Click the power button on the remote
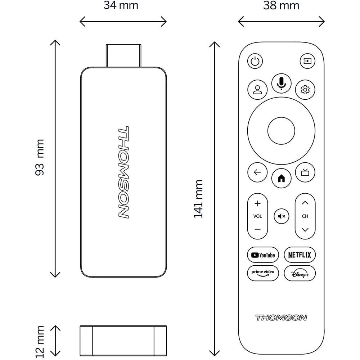pos(255,61)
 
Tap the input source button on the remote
pos(307,61)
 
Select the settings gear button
pos(305,90)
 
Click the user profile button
pos(257,90)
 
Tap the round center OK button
pos(281,131)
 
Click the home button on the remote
pos(281,179)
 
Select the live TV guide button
pos(305,172)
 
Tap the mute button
pos(281,216)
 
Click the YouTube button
pos(263,255)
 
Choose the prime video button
pos(263,273)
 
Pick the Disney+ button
pos(300,273)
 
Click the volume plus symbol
pos(258,203)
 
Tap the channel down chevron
pos(305,230)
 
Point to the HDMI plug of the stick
pos(123,56)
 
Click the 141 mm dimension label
pos(198,199)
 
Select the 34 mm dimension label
pos(121,5)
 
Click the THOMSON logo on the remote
pos(281,318)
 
